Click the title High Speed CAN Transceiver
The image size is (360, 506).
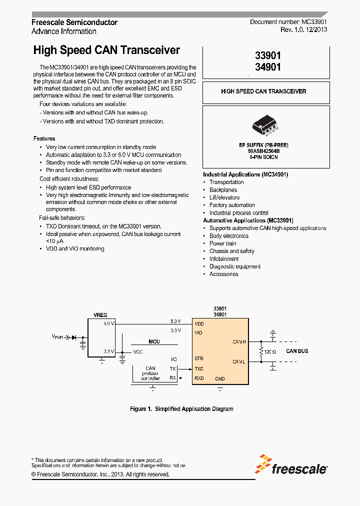[x=106, y=50]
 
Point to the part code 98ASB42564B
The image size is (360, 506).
[x=263, y=150]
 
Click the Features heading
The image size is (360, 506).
[x=44, y=138]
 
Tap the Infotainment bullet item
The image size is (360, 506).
[x=224, y=259]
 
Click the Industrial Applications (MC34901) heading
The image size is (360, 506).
[x=245, y=174]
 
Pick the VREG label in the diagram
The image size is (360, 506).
[x=100, y=315]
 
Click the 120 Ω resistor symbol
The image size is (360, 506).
[x=261, y=351]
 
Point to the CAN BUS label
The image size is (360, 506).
[x=297, y=351]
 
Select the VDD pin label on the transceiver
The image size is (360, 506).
[x=199, y=323]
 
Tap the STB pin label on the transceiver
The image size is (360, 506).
[x=198, y=358]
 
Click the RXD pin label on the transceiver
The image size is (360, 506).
[x=199, y=378]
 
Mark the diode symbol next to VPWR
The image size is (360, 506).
[x=74, y=337]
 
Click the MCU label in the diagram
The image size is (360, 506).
[x=154, y=341]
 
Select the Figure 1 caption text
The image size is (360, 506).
[x=181, y=409]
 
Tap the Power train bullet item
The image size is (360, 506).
[x=223, y=243]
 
